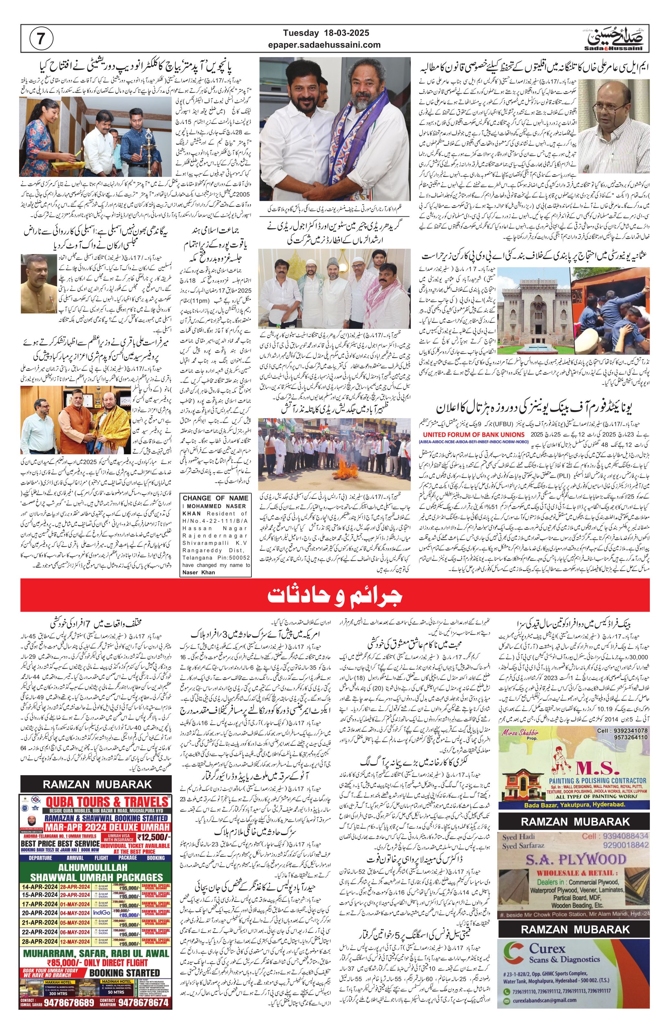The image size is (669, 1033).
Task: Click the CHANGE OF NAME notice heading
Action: pyautogui.click(x=216, y=498)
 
